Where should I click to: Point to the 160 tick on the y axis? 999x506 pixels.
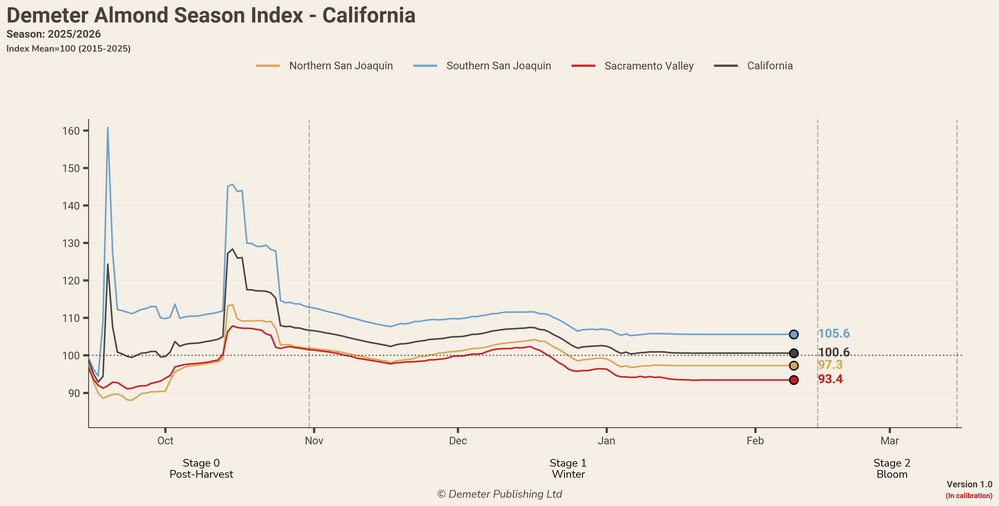coord(71,131)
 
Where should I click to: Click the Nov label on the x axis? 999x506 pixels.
coord(314,441)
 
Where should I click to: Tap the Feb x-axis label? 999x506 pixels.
coord(755,441)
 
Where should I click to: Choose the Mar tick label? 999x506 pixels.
coord(889,441)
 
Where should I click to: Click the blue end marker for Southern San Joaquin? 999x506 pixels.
coord(794,334)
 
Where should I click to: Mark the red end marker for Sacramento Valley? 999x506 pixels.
coord(794,380)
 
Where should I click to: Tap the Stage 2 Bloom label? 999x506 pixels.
coord(892,468)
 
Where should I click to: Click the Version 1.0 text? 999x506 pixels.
coord(969,484)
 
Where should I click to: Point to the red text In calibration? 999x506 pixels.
coord(969,496)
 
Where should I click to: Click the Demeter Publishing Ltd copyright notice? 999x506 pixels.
coord(499,494)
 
